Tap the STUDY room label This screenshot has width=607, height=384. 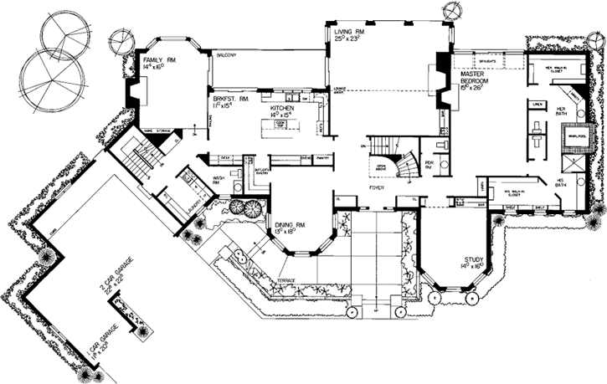476,260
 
